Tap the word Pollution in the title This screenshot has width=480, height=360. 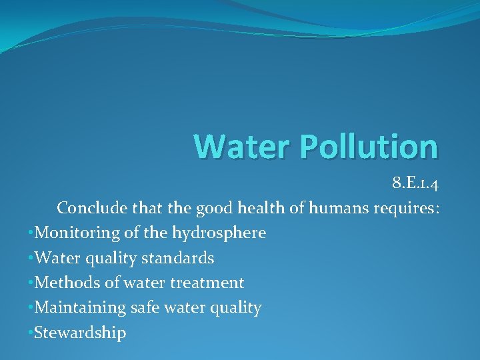coord(357,147)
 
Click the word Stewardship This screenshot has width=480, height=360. coord(80,333)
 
